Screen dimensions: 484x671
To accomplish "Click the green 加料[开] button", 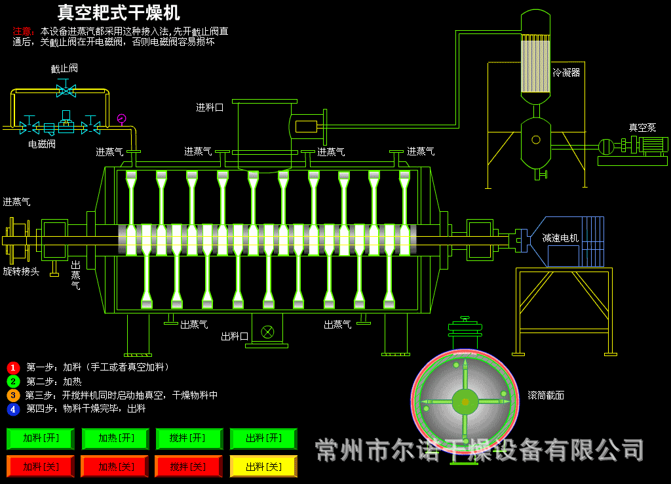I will tap(41, 438).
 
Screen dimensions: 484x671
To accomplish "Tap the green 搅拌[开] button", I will tap(189, 438).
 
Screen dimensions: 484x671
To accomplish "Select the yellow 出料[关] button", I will tap(263, 466).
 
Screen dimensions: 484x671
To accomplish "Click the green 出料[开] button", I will tap(263, 438).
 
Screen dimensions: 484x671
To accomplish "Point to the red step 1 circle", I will tap(13, 367).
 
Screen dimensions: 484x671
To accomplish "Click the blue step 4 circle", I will tap(13, 409).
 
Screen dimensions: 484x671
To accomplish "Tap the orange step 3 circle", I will tap(13, 395).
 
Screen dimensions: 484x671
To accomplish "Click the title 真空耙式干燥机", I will tap(119, 12).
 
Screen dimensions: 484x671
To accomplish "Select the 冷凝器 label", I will tap(566, 73).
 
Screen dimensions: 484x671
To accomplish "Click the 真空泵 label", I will tap(642, 128).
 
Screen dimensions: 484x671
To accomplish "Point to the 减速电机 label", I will tap(560, 238).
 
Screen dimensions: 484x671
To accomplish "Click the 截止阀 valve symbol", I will tap(66, 89).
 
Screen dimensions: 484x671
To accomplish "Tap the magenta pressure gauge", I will tap(121, 119).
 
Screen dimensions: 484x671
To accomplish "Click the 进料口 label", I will tap(210, 108).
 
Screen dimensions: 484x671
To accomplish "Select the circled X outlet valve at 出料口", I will tap(267, 331).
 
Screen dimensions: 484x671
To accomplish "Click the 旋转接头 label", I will tap(21, 271).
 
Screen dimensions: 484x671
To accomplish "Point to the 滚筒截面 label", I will tap(546, 395).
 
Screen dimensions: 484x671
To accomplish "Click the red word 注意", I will tap(22, 31).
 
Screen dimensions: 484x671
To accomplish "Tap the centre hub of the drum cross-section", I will tap(465, 401).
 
